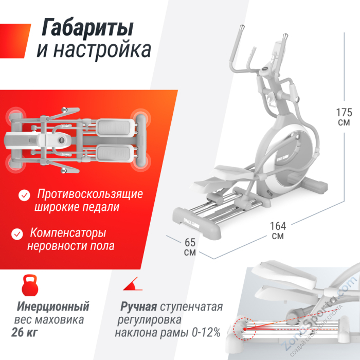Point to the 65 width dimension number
pos(189,242)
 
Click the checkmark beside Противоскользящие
pos(24,195)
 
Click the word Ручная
pos(139,308)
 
